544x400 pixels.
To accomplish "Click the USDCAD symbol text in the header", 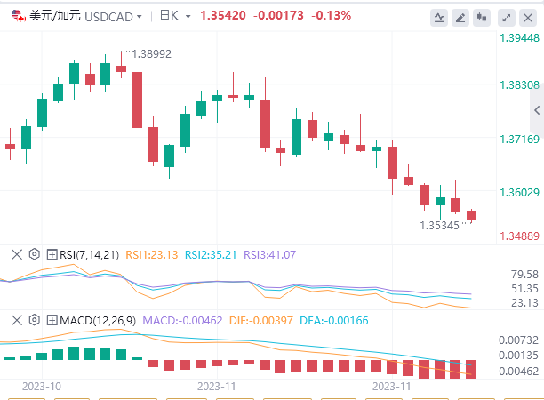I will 108,16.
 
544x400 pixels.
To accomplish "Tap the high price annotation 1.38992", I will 151,53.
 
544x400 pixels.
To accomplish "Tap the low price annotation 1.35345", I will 440,226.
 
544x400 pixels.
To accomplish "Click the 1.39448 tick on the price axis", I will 518,38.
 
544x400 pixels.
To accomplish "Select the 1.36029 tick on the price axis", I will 518,192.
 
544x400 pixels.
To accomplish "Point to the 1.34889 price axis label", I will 518,236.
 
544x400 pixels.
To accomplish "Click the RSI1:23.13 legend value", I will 153,255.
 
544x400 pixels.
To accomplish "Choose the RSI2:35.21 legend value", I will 211,255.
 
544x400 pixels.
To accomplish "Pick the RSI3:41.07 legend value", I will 268,255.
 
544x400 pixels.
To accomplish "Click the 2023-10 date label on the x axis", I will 41,387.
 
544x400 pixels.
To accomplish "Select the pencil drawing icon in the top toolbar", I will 461,17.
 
